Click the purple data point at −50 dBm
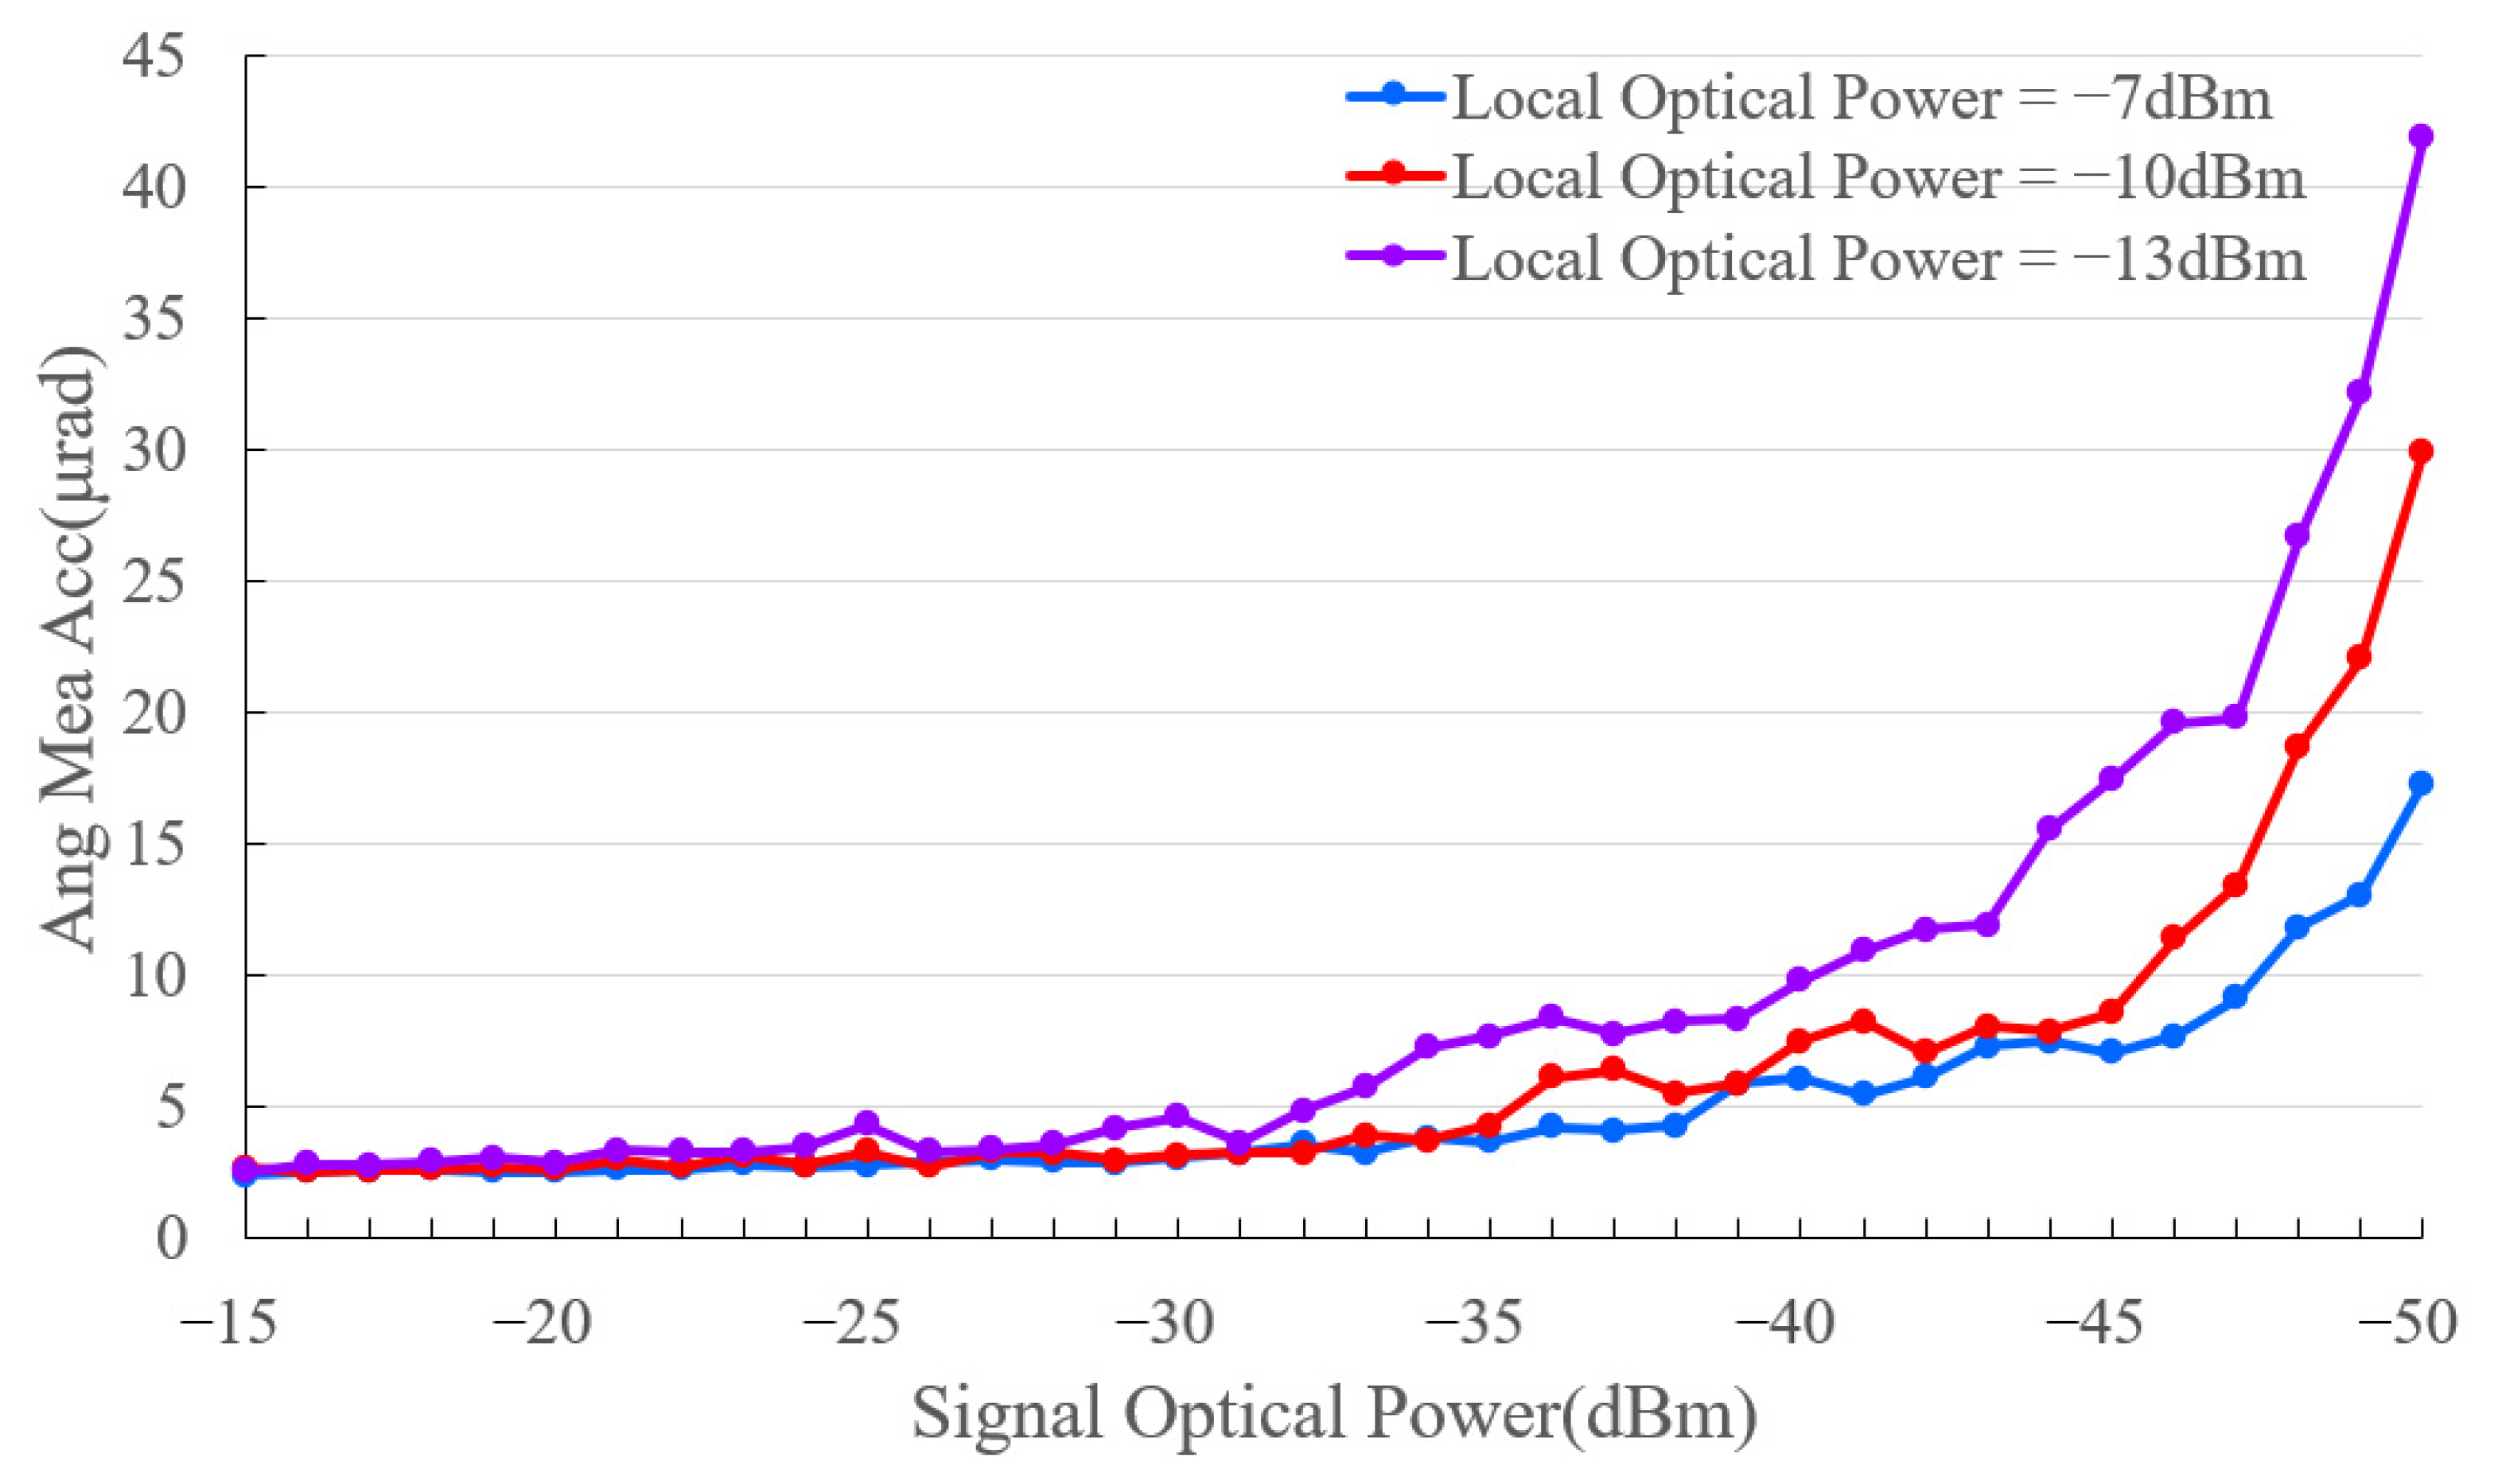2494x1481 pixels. [x=2420, y=136]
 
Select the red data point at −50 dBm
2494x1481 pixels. [x=2420, y=451]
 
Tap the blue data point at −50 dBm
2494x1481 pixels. [x=2420, y=783]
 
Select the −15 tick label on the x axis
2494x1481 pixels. [x=228, y=1325]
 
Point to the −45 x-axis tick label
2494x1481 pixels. [x=2095, y=1325]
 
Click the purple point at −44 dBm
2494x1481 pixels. [x=2049, y=828]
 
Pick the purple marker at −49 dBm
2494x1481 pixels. [x=2358, y=391]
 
